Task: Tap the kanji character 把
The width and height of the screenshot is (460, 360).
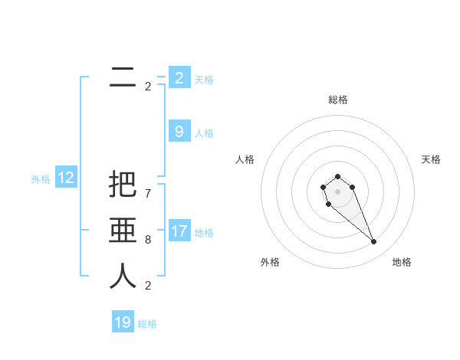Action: (123, 185)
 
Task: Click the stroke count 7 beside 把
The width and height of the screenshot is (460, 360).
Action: (148, 194)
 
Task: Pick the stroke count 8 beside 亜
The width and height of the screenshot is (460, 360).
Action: (148, 240)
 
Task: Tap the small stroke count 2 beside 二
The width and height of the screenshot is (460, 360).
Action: (148, 87)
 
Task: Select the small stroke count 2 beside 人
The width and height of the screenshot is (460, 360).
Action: (148, 286)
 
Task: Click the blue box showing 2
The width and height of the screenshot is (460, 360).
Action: (179, 77)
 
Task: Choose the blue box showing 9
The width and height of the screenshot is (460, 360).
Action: (179, 132)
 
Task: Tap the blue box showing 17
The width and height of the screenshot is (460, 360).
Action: (179, 231)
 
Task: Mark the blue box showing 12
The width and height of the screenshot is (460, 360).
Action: (66, 178)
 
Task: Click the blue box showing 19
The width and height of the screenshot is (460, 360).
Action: (123, 322)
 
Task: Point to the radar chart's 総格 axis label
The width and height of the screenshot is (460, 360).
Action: (338, 100)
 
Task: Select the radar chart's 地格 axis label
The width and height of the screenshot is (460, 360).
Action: (402, 262)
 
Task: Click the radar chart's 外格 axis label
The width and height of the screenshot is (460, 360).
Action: (270, 262)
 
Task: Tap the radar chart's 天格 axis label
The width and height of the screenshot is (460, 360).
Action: (431, 159)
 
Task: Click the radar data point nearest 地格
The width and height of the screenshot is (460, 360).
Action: (374, 242)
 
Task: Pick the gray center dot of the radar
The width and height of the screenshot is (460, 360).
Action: (337, 191)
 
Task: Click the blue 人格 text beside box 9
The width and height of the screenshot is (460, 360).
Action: (204, 133)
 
